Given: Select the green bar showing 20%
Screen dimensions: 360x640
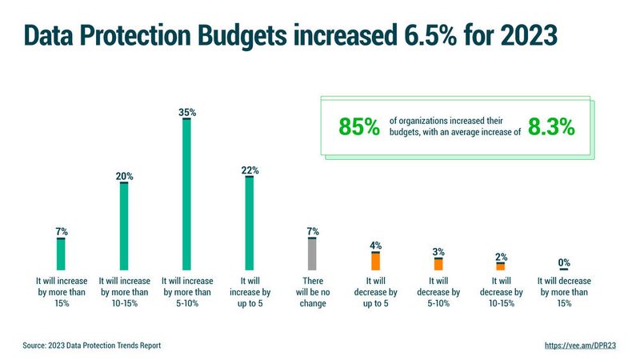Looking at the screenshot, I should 124,226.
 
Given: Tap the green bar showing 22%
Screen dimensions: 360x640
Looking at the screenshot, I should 249,223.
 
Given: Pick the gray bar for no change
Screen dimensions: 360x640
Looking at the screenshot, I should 312,254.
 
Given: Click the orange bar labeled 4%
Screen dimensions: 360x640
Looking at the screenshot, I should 375,261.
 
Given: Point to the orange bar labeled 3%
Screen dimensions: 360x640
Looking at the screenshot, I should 438,264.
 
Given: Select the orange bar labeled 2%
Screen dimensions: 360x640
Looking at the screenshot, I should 501,266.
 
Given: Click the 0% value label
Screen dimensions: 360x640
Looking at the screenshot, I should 563,262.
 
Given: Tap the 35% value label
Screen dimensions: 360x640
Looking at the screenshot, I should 186,113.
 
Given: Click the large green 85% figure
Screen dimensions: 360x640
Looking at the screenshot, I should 358,126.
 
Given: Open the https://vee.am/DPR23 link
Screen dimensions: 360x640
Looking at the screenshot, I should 580,346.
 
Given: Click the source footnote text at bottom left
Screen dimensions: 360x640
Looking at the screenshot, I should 92,346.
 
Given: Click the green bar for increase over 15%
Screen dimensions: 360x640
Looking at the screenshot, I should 61,254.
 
